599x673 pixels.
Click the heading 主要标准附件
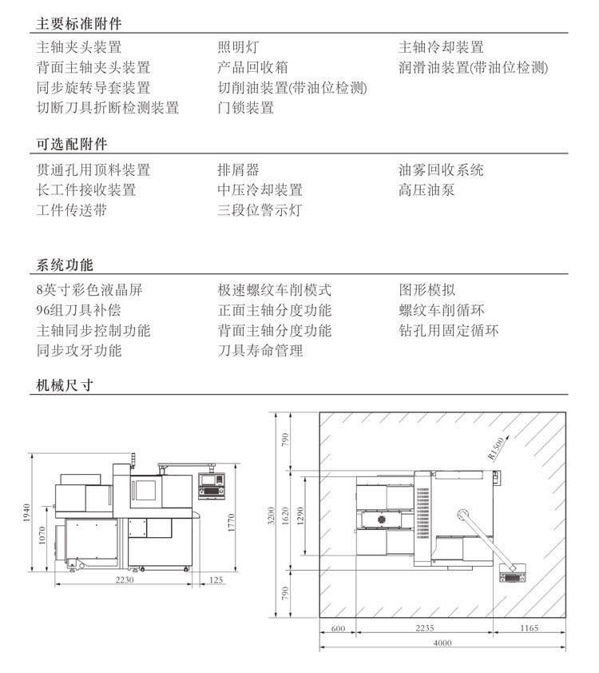79,23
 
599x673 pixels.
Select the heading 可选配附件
72,144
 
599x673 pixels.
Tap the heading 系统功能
65,265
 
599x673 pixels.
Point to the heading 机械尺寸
65,385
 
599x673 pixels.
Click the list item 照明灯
238,47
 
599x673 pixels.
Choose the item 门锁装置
246,107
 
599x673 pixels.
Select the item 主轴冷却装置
441,47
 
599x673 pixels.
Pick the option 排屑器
238,169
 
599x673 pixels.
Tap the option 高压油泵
426,189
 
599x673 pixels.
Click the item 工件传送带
72,210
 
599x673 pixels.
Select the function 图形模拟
427,289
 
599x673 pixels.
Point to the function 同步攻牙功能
79,350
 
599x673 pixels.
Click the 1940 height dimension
26,512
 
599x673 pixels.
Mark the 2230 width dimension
125,579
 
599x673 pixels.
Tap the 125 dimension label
216,579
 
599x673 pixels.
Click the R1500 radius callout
496,448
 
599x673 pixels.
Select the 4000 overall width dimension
442,643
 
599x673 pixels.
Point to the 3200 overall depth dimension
271,516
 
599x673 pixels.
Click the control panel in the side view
212,486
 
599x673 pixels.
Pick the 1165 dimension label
529,628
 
